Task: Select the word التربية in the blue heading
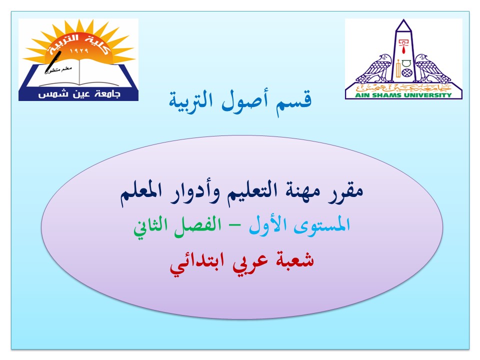pyautogui.click(x=190, y=101)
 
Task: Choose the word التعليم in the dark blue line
pyautogui.click(x=250, y=192)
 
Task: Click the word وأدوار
pyautogui.click(x=194, y=193)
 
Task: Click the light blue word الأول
pyautogui.click(x=268, y=225)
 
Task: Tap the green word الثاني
pyautogui.click(x=150, y=228)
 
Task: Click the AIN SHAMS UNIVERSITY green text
pyautogui.click(x=403, y=95)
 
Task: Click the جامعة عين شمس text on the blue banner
pyautogui.click(x=79, y=94)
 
